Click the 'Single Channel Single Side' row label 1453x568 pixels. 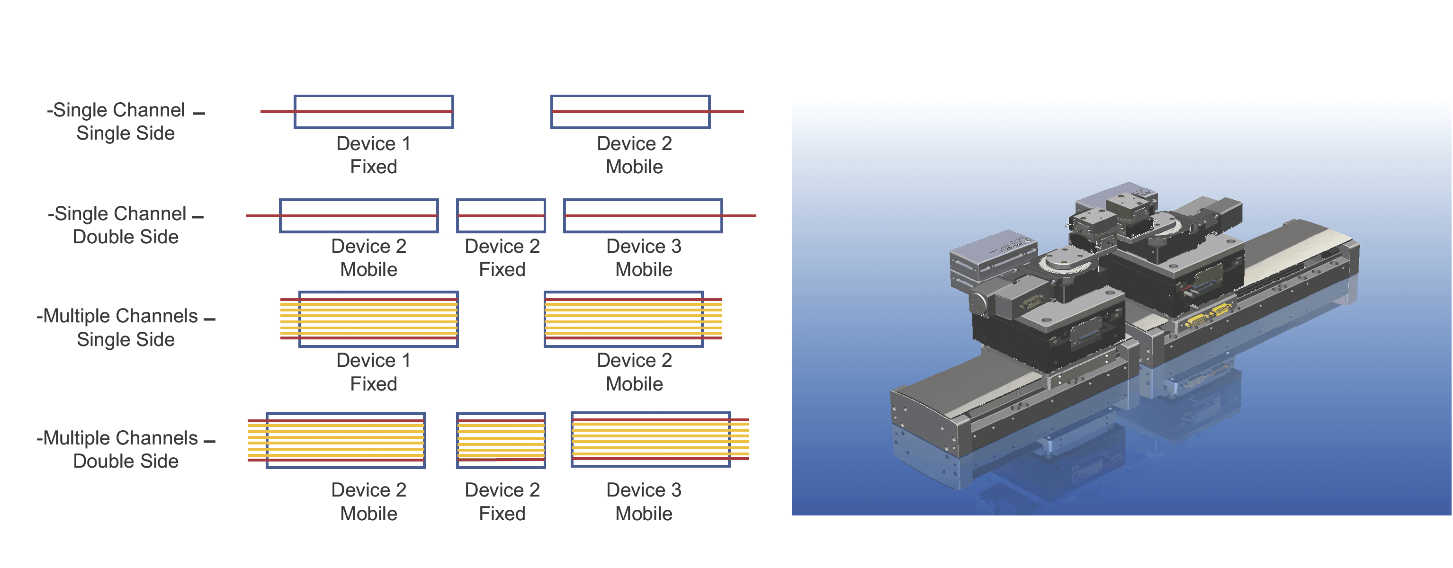(x=125, y=121)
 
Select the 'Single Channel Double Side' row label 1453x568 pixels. (x=125, y=225)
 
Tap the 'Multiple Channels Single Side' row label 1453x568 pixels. (x=125, y=328)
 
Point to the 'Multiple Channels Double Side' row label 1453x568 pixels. (x=125, y=449)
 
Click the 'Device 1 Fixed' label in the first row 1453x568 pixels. (x=373, y=155)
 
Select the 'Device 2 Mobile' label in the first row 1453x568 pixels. (x=634, y=155)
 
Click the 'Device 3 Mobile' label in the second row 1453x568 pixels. (x=644, y=257)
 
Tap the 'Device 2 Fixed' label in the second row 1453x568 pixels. (x=502, y=257)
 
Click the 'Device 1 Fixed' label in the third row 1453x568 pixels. (x=373, y=372)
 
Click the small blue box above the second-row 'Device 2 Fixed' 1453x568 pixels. (x=501, y=215)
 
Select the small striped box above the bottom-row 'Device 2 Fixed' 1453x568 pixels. (x=501, y=440)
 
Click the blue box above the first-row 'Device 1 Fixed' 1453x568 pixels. (x=373, y=112)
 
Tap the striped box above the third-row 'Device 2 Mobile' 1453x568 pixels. (x=623, y=319)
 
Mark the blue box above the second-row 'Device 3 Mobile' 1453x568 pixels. (x=643, y=215)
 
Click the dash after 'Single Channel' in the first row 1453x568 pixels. (x=198, y=114)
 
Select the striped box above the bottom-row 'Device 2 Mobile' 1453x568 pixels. (x=345, y=440)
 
